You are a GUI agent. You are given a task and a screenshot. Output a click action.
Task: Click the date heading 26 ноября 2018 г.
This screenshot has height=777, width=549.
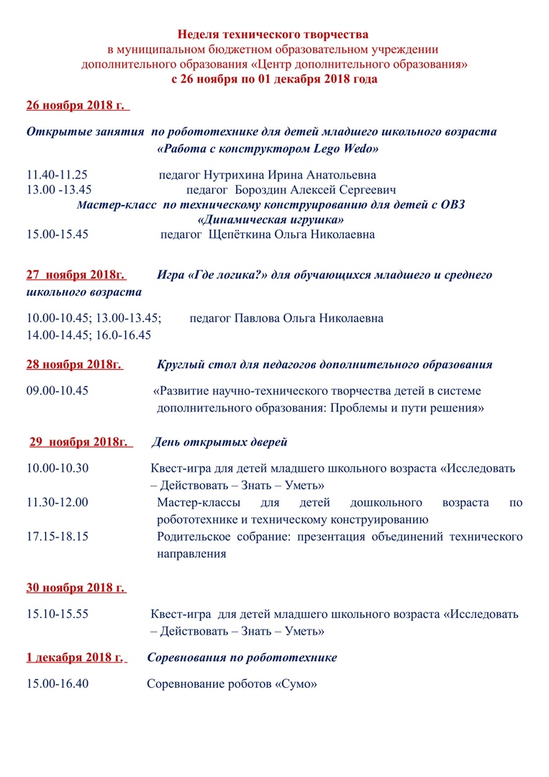(77, 105)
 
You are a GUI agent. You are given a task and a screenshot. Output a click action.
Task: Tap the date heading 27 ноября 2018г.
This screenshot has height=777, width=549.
(76, 275)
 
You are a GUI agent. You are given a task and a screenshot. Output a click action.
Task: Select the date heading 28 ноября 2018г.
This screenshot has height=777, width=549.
(74, 364)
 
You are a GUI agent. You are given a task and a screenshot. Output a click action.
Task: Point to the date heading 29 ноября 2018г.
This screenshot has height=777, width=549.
(81, 441)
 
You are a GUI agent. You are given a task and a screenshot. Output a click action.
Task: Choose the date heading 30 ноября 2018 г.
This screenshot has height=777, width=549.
(76, 588)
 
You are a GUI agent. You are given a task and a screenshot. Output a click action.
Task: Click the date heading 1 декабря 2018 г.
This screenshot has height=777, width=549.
(76, 658)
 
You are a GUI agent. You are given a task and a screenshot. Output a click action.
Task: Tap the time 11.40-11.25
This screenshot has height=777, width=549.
(58, 175)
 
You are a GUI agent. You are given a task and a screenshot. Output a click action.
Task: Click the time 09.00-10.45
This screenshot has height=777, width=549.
(58, 391)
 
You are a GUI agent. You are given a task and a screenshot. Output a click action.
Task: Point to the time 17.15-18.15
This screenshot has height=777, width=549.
(58, 537)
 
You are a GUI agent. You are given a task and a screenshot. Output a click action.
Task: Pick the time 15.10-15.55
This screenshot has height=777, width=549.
(58, 614)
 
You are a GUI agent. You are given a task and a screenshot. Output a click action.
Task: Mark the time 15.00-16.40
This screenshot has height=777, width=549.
(58, 683)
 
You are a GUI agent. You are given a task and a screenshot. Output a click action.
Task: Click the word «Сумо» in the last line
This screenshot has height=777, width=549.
(296, 683)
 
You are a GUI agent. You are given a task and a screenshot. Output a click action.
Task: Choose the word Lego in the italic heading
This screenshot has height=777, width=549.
(329, 150)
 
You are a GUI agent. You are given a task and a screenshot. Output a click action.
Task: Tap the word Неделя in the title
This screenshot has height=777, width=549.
(203, 35)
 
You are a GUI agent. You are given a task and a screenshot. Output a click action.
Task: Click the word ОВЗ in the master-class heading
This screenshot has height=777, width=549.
(449, 204)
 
